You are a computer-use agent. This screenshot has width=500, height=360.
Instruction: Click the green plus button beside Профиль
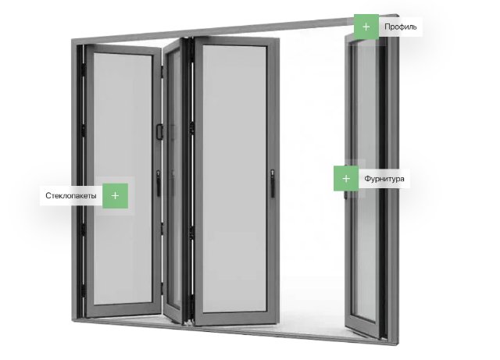coord(366,27)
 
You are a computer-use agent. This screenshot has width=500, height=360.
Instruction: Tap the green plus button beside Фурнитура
coord(346,179)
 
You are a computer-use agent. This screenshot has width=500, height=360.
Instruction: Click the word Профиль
coord(400,27)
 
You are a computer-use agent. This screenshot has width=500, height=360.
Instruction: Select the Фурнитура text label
coord(384,179)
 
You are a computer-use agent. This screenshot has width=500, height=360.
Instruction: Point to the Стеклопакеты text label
coord(71,195)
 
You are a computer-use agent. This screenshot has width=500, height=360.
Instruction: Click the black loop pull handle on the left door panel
coord(159,132)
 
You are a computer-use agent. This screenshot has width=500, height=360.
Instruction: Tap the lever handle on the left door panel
coord(159,183)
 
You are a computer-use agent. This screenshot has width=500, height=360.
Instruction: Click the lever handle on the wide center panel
coord(273,183)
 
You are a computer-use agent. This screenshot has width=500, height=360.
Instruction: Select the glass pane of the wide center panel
coord(234,179)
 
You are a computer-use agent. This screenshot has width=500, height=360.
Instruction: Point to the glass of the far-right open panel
coord(366,179)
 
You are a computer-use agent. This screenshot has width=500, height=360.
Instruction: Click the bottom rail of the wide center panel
coord(236,319)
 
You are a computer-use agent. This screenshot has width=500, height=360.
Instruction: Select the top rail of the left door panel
coord(123,50)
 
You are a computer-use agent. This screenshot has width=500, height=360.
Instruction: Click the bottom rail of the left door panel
coord(123,309)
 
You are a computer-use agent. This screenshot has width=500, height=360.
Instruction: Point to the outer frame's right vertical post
coord(394,179)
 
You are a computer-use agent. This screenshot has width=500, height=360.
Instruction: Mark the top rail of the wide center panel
coord(237,41)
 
